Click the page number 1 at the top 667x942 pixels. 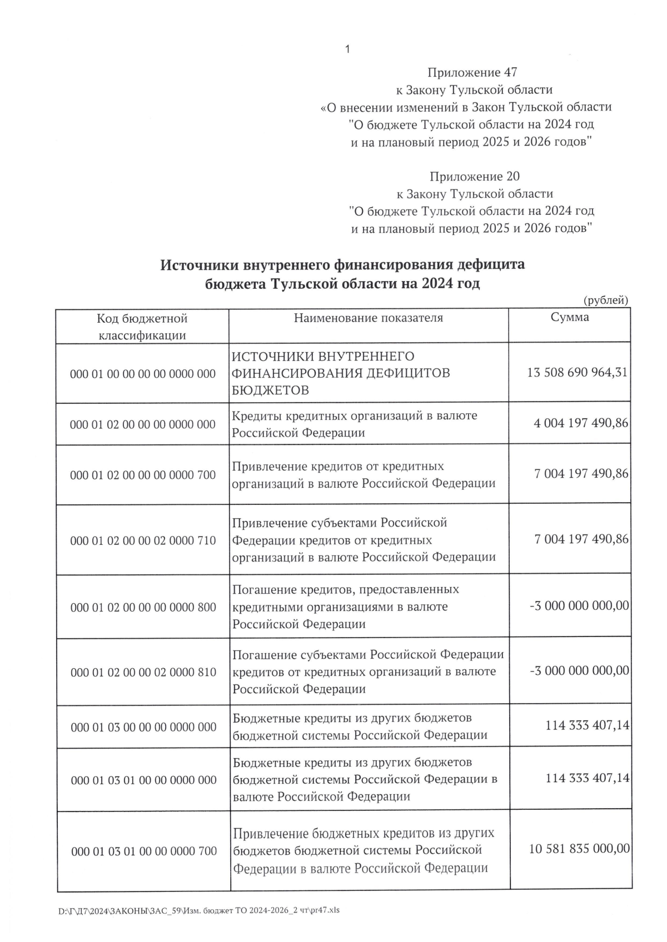347,49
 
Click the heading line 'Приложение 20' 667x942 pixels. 474,177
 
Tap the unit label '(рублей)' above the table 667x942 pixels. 606,300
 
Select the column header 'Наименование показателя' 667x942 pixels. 369,318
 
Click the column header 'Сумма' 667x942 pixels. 569,317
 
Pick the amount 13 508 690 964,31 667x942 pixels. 577,372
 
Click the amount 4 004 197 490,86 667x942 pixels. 580,423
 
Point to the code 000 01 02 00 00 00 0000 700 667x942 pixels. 143,475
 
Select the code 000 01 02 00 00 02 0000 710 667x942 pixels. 143,540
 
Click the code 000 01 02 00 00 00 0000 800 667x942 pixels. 143,607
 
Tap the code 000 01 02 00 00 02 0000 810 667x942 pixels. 143,673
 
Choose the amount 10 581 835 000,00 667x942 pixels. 579,849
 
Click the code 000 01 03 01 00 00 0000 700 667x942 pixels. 144,851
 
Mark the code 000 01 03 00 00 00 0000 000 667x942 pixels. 143,728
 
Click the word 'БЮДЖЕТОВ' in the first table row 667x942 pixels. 270,390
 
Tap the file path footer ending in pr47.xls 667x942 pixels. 198,911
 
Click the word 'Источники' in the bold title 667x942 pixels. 190,265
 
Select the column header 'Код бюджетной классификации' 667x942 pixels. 142,327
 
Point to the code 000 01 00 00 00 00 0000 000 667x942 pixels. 143,374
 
